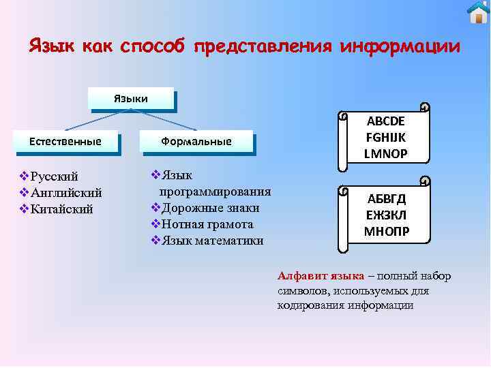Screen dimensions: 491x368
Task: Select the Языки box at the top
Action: (x=130, y=99)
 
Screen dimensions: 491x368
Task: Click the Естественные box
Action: (x=65, y=141)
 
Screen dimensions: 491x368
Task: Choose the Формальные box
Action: (x=196, y=141)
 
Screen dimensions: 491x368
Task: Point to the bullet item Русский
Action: (x=55, y=177)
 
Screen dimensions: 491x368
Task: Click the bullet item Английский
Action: (x=66, y=193)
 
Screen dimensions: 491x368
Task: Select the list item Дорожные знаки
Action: (x=209, y=208)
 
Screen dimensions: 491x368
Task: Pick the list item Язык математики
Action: (x=211, y=240)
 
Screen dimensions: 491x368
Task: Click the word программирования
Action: (x=215, y=191)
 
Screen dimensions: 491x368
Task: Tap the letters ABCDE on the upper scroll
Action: (x=386, y=121)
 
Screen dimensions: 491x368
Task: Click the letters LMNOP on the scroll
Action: (x=386, y=153)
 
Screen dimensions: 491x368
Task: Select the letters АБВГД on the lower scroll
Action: (x=387, y=199)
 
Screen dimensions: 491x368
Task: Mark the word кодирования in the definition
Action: (x=310, y=305)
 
